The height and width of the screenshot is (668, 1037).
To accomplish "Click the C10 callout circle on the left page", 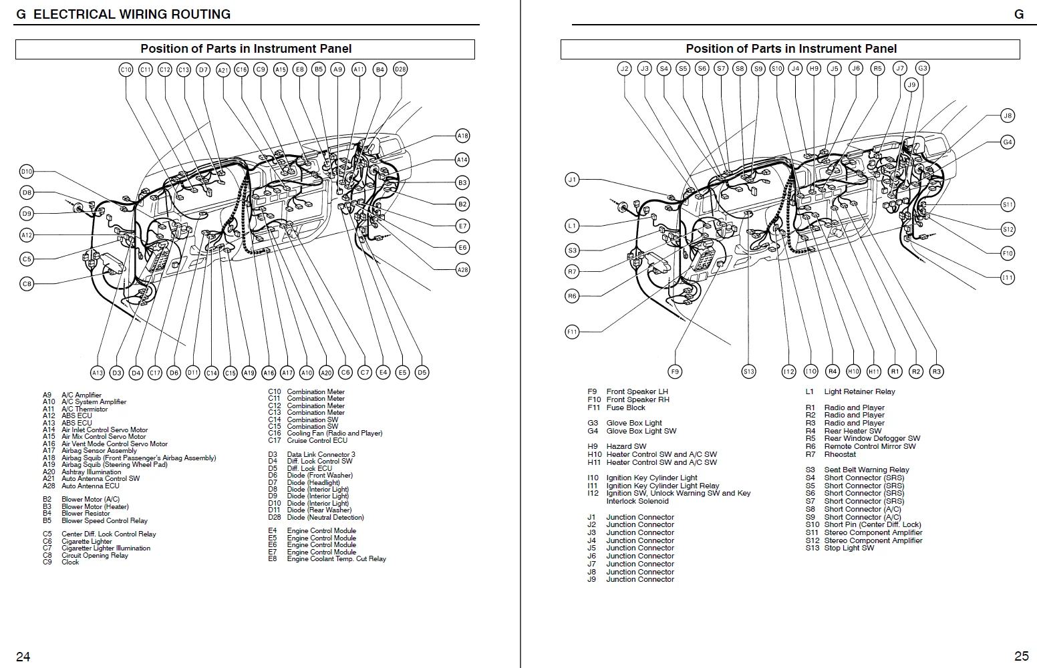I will click(126, 69).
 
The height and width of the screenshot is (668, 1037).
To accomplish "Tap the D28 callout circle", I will click(400, 69).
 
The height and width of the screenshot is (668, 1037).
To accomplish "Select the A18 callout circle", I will click(462, 136).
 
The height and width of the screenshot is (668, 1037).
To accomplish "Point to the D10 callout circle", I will click(26, 172).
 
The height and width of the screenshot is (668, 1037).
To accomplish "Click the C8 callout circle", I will click(27, 284).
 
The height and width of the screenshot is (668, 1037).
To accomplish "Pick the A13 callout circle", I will click(98, 373).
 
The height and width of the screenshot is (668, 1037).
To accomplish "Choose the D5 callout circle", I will click(422, 373).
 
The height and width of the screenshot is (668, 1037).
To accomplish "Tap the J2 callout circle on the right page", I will click(624, 68).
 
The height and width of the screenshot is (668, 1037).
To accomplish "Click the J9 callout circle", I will click(911, 85).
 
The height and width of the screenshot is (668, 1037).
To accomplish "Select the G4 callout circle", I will click(1008, 142).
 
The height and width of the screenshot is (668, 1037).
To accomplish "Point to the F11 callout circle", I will click(572, 332).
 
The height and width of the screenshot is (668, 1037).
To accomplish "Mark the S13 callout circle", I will click(748, 371).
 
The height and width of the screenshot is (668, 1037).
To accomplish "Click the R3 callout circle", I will click(936, 371).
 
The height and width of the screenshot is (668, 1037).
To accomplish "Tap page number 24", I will click(23, 657).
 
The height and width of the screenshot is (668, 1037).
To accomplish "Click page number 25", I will click(1021, 657).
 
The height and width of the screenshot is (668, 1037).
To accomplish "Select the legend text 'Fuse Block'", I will click(625, 407).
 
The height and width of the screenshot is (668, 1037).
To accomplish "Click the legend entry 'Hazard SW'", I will click(626, 446).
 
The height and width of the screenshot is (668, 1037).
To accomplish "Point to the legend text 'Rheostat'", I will click(840, 454).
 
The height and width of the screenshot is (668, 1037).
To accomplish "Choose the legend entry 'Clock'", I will click(70, 562).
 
